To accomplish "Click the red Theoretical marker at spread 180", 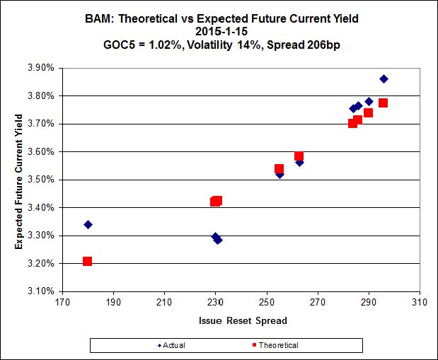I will [x=88, y=261].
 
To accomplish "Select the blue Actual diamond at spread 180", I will [x=88, y=224].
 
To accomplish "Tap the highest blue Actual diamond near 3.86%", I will [x=384, y=79].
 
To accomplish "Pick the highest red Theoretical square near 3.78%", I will [x=383, y=103].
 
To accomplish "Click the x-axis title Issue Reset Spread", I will [x=242, y=320].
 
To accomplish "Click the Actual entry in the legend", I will [x=172, y=345].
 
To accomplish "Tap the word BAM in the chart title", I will [x=134, y=18].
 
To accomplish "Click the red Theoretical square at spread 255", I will [x=279, y=169].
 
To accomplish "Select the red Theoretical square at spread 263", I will [x=299, y=156].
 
